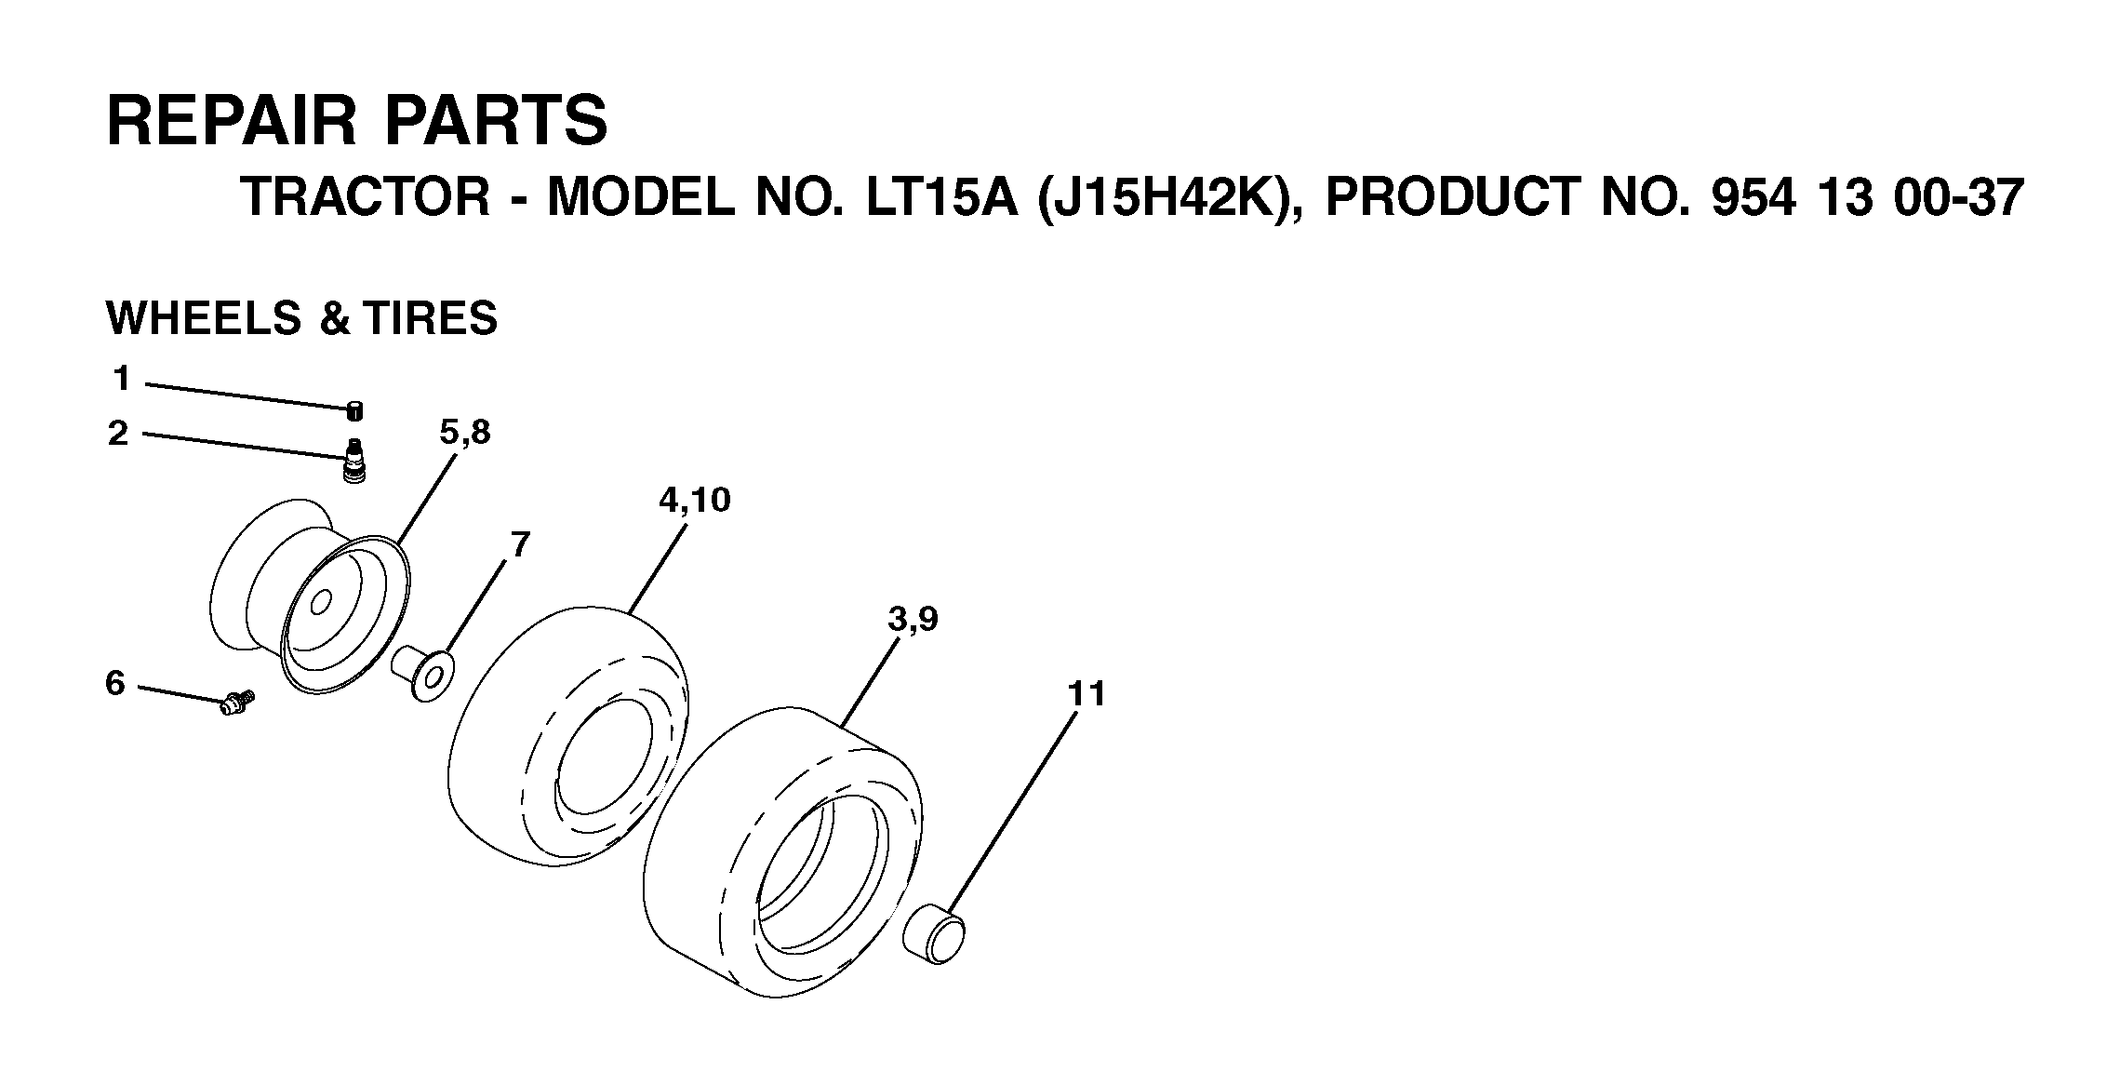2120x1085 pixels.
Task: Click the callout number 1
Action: coord(121,379)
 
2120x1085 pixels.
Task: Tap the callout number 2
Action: coord(118,434)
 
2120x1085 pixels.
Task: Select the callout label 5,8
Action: coord(465,433)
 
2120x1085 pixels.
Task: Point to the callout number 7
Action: coord(519,544)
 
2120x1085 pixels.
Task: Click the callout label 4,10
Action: coord(694,501)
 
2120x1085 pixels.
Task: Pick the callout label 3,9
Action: coord(913,620)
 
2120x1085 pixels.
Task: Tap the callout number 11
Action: coord(1086,694)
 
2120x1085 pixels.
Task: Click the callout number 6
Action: coord(114,684)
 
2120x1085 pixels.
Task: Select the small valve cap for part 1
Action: coord(354,411)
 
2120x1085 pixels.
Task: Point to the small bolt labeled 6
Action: coord(237,702)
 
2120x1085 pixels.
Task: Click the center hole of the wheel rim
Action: coord(322,602)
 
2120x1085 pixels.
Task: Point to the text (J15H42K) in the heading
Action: coord(1163,198)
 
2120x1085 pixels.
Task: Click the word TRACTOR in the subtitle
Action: coord(365,197)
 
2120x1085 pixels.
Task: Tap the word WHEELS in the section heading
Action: coord(204,318)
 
